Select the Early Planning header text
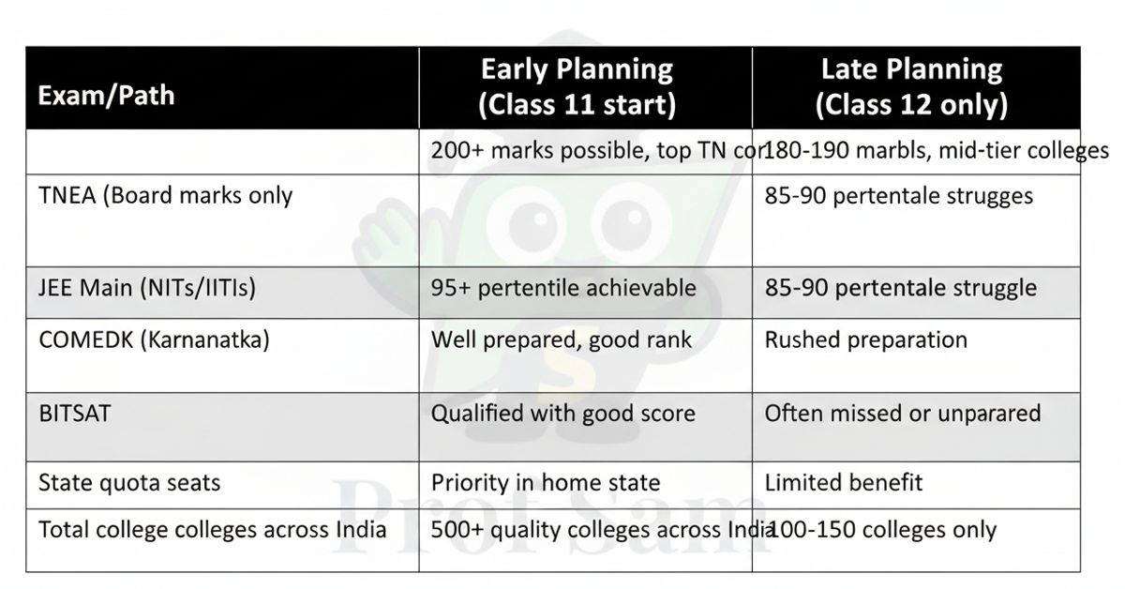coord(577,86)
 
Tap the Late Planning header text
coord(911,86)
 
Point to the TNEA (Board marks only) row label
coord(166,195)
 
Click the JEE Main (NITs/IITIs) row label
coord(147,287)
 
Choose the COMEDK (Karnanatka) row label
coord(154,339)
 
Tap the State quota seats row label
coord(129,482)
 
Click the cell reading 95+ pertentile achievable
coord(563,287)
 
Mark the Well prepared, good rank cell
coord(561,339)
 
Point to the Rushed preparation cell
coord(865,339)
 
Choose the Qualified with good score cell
coord(562,413)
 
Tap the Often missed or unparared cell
coord(902,413)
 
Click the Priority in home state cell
coord(545,483)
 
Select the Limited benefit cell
coord(844,483)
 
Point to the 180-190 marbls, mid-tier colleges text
coord(937,150)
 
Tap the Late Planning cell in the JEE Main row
coord(901,287)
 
